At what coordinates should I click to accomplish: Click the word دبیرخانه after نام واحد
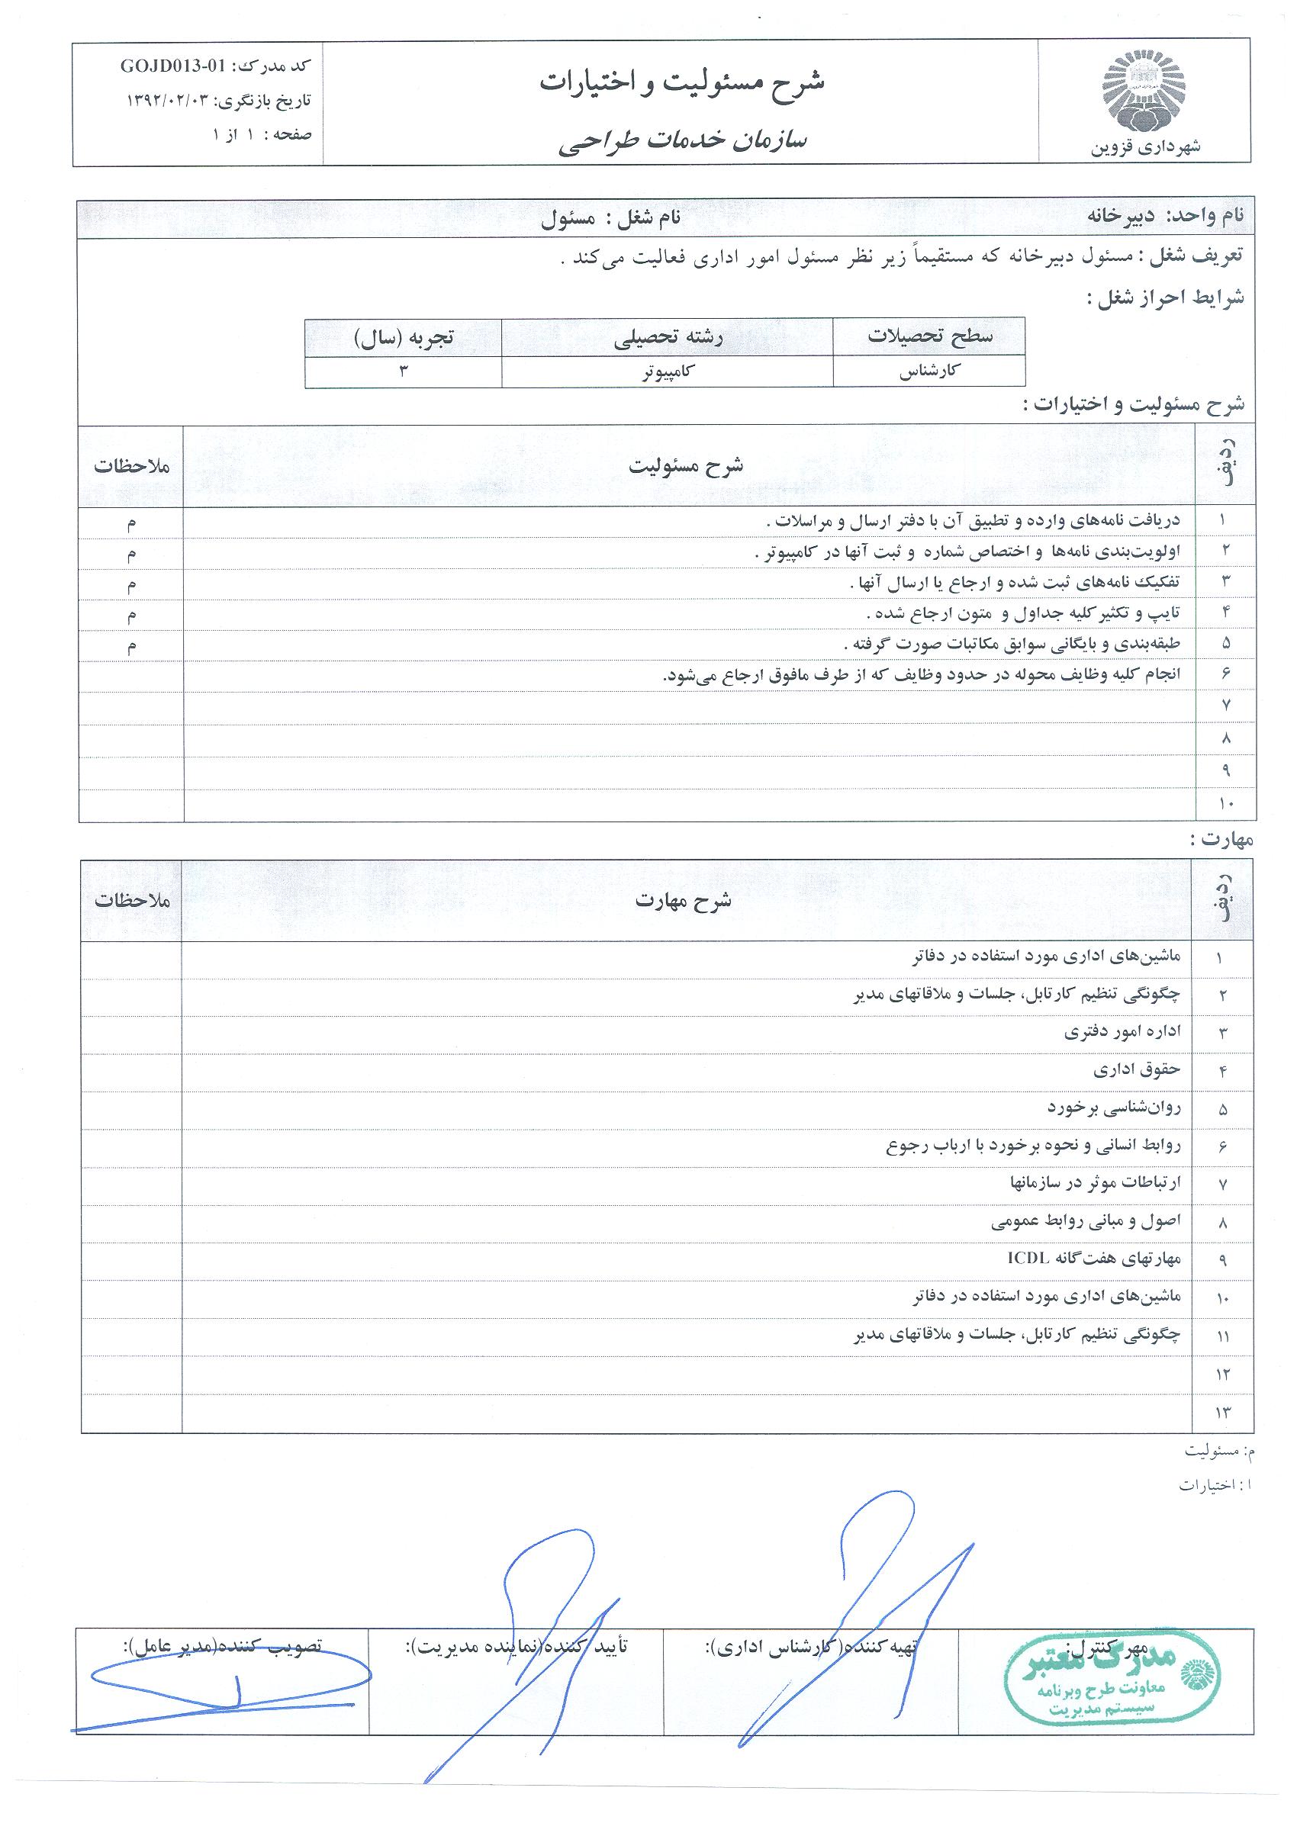click(1123, 216)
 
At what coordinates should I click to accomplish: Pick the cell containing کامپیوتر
click(666, 372)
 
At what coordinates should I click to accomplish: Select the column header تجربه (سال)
click(404, 337)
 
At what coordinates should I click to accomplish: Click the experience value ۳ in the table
click(404, 372)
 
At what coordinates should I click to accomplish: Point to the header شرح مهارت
click(684, 901)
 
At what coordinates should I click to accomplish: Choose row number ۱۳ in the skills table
click(1223, 1413)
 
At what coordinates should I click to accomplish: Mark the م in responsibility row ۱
click(131, 522)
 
